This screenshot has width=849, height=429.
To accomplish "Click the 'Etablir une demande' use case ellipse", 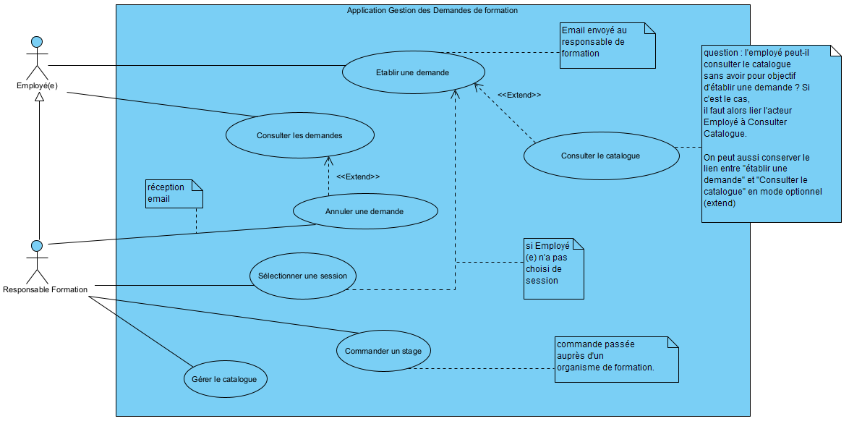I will (412, 72).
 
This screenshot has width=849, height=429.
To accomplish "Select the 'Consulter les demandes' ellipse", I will (299, 135).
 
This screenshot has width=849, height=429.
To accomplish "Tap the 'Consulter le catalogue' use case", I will (600, 156).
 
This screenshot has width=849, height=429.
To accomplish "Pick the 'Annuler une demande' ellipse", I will (364, 211).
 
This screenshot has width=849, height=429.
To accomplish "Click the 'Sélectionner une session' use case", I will (302, 276).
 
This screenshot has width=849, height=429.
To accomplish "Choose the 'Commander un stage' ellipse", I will (383, 351).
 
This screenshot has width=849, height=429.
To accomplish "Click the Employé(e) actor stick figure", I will (37, 58).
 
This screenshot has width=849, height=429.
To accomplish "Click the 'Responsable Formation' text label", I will (45, 290).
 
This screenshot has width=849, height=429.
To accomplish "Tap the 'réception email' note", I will (174, 193).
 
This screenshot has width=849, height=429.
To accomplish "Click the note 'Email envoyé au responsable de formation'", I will (607, 45).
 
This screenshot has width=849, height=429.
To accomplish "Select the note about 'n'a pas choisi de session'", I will (553, 268).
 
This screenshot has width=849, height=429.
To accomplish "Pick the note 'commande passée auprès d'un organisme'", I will (616, 359).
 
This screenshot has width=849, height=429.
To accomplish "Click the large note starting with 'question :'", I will (771, 134).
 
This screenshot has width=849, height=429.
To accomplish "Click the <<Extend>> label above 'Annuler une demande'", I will (358, 177).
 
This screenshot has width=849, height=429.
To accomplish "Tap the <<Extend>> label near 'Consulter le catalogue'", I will (519, 95).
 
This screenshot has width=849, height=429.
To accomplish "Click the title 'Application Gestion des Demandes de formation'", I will (432, 11).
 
